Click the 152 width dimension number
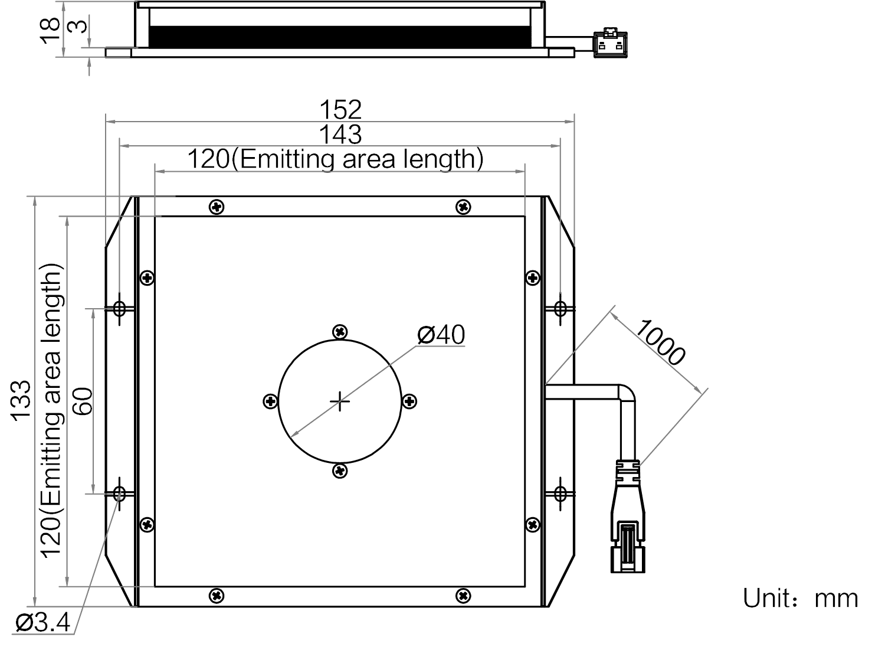[x=340, y=109]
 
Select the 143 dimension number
[x=340, y=134]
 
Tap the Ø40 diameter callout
[x=441, y=335]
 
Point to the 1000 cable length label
[x=660, y=342]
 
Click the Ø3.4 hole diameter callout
[x=42, y=622]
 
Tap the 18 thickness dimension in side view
[x=50, y=31]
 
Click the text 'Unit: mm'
[x=800, y=599]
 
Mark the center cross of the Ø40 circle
[x=340, y=401]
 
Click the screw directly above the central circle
[x=340, y=332]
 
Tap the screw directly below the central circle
[x=340, y=471]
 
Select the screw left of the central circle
[x=270, y=401]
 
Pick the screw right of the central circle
[x=409, y=401]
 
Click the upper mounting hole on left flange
[x=119, y=309]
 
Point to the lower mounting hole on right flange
[x=560, y=494]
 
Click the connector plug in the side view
[x=610, y=43]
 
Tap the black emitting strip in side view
[x=340, y=37]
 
